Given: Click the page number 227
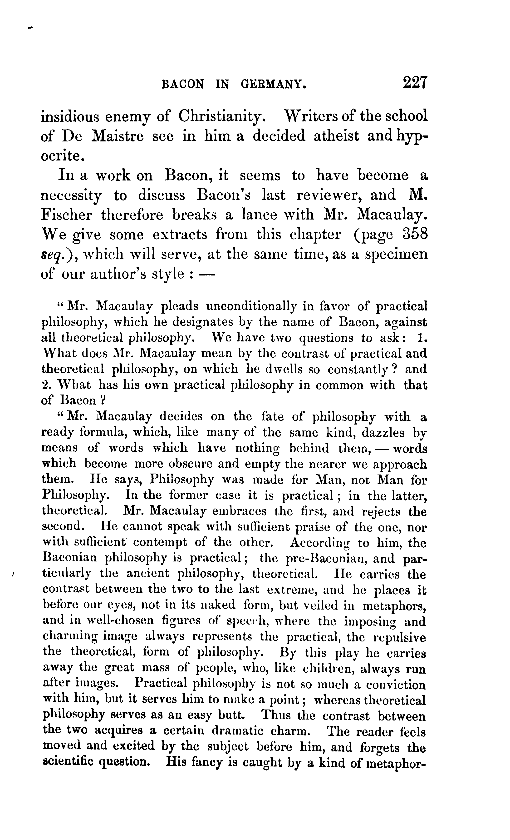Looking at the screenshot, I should point(415,83).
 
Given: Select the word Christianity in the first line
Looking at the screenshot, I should point(222,117).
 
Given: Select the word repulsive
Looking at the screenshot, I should point(399,637).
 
